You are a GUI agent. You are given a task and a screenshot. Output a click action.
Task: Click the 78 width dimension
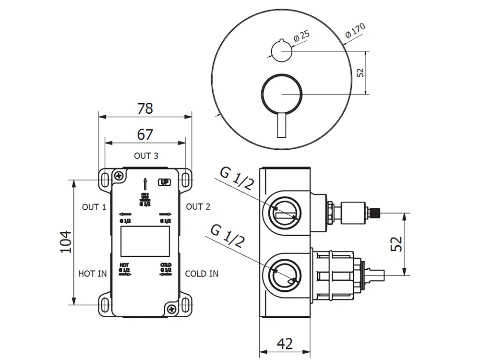pos(145,108)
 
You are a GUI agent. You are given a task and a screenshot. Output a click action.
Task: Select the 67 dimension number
pos(145,135)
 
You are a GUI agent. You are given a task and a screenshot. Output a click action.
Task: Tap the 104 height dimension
pos(66,242)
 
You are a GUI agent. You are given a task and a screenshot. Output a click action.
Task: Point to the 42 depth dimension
pos(285,343)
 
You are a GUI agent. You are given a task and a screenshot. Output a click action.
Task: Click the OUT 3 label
pos(146,156)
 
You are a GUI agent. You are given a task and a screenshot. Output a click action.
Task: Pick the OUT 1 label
pos(94,207)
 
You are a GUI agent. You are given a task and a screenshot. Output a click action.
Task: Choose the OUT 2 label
pos(198,207)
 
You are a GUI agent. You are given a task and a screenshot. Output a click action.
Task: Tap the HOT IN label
pos(92,274)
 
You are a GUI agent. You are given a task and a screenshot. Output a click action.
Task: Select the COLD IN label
pos(202,274)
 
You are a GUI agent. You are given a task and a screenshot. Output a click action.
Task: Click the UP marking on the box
pos(164,182)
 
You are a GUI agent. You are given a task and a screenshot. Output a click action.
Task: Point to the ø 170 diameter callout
pos(355,31)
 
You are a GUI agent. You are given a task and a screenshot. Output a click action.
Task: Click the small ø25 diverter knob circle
pos(281,51)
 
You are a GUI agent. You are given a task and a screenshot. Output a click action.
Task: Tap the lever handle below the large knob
pos(281,126)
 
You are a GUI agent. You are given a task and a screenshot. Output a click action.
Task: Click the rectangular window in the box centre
pos(145,241)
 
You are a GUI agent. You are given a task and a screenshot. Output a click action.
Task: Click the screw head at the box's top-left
pos(118,176)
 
